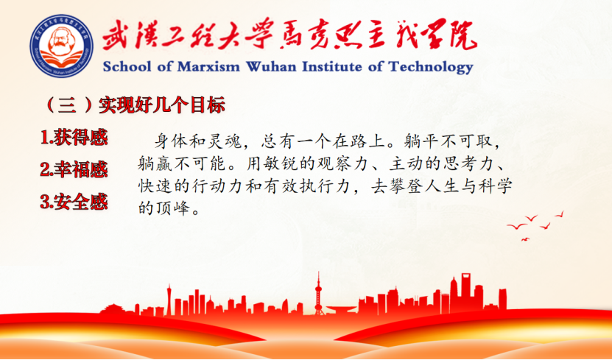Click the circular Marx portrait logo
(62, 46)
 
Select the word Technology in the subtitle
(431, 68)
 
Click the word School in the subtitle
(127, 67)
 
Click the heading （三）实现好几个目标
(135, 105)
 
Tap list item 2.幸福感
(74, 169)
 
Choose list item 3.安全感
(74, 202)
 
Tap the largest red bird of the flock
(516, 226)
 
